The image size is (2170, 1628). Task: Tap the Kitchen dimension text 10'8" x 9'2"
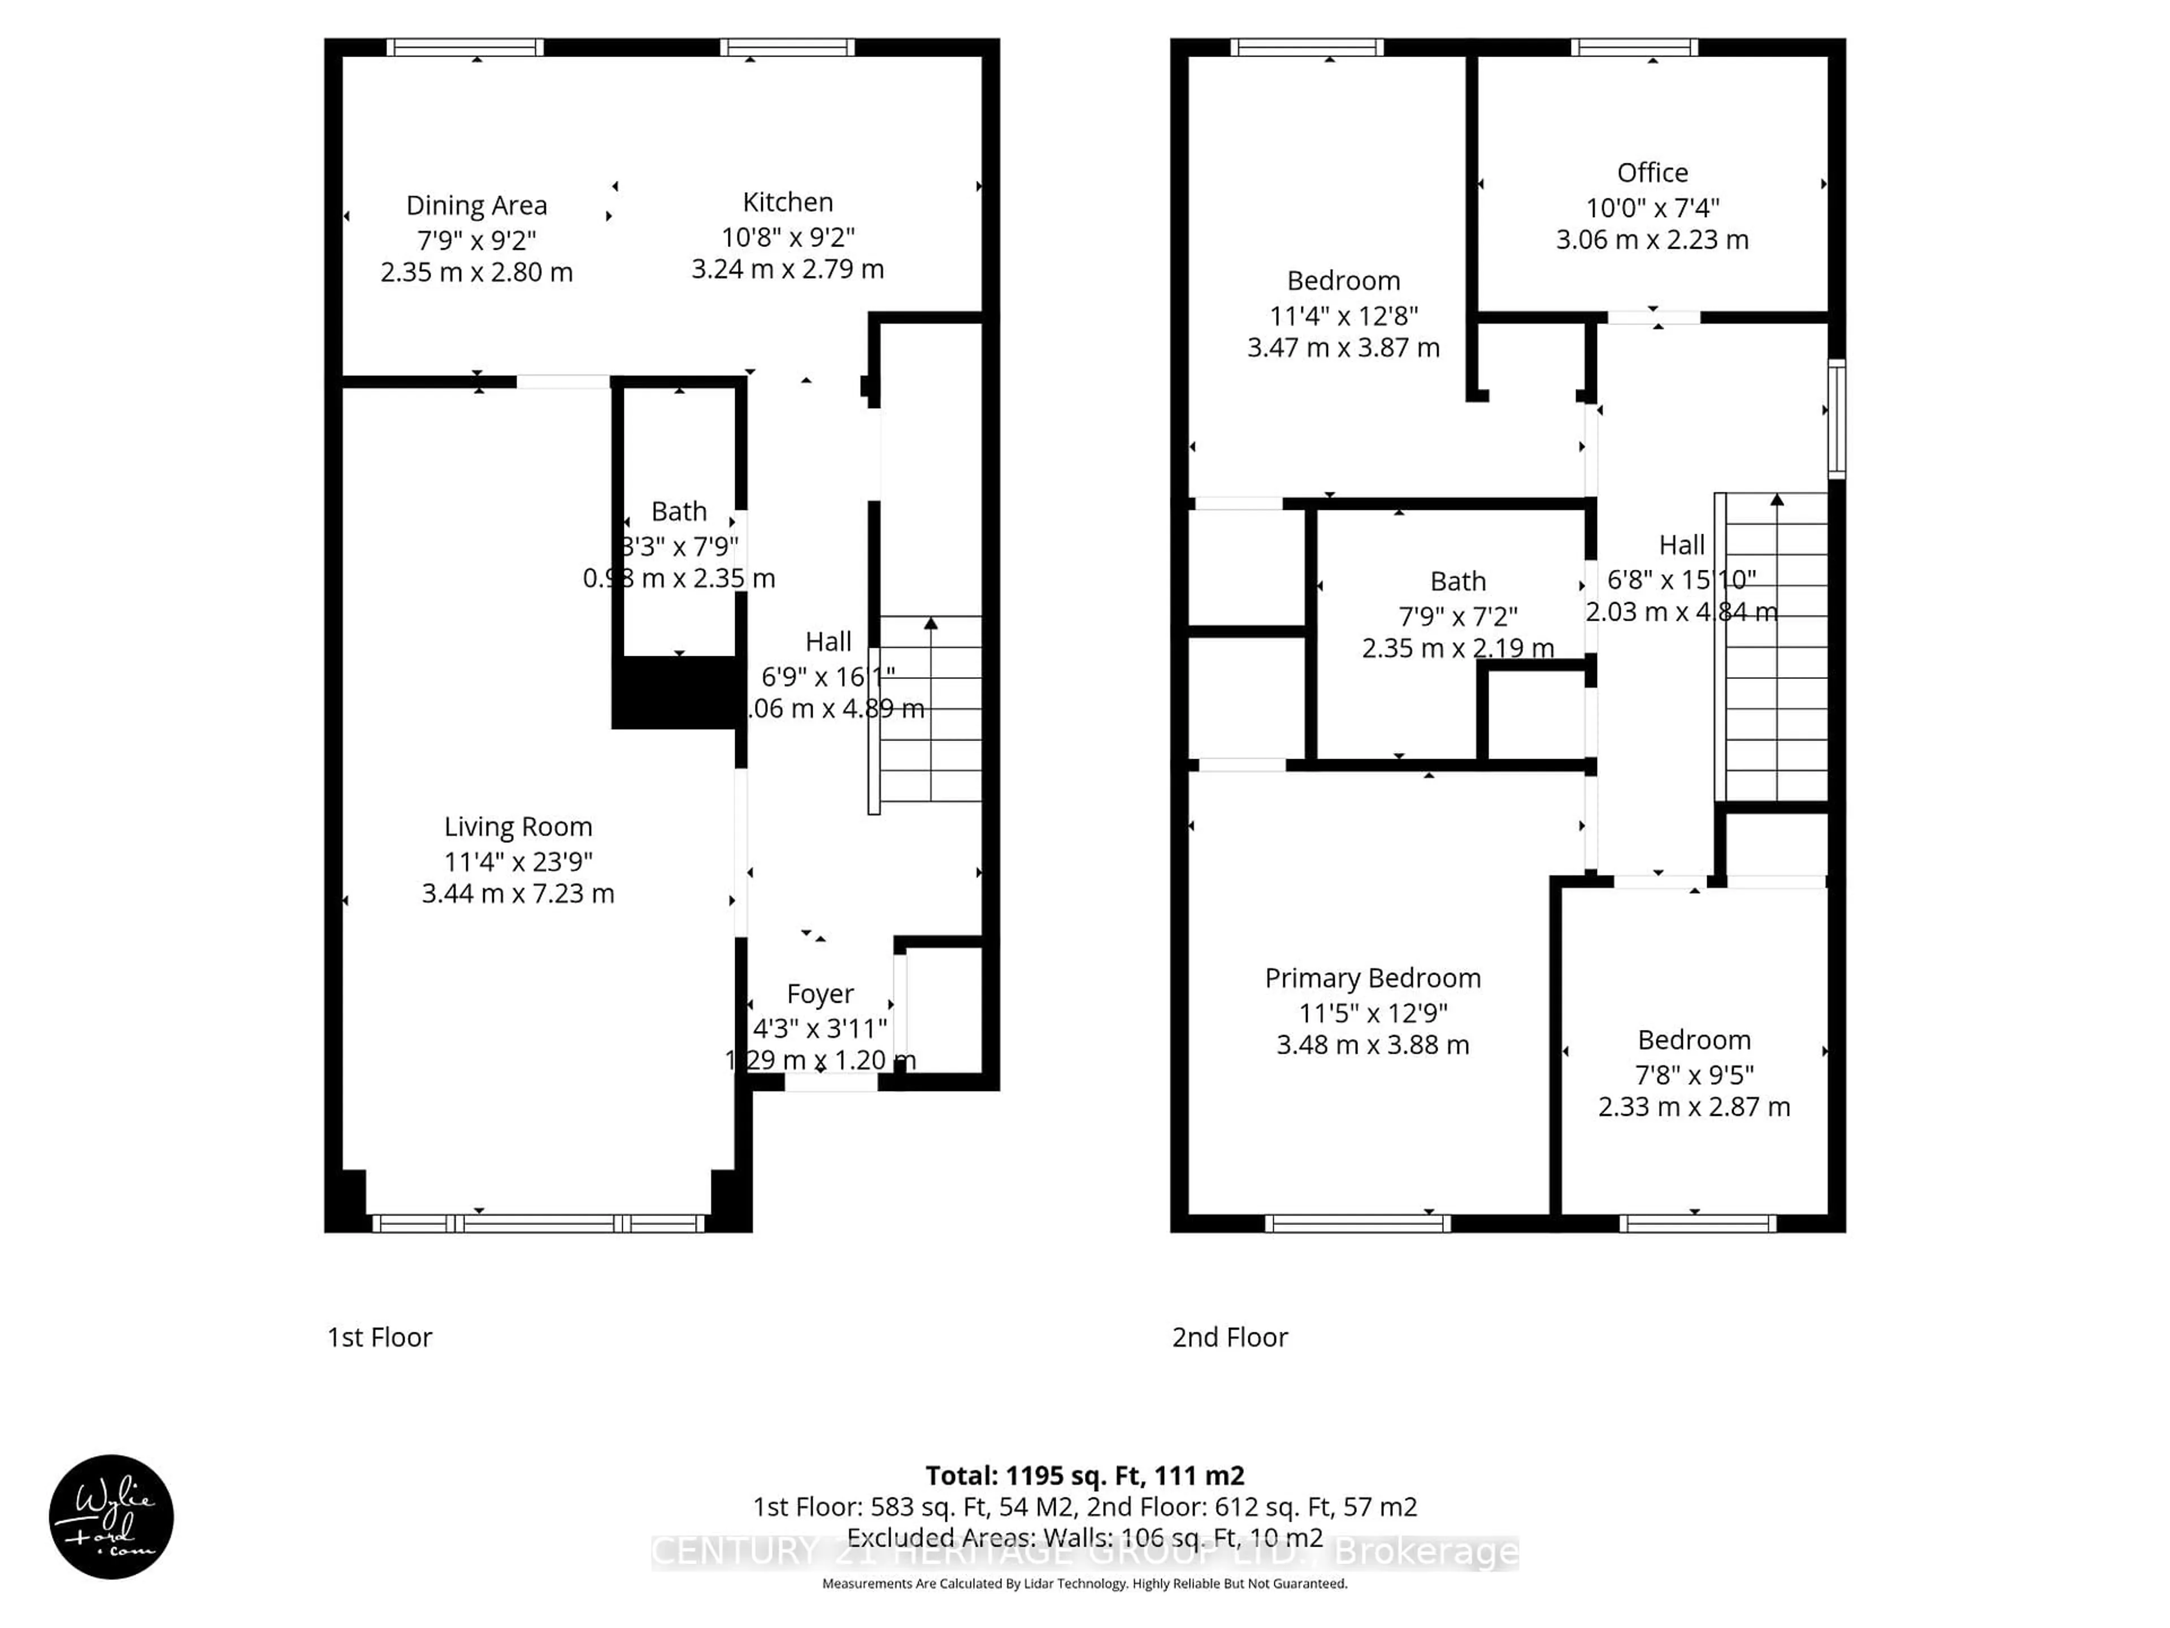point(788,237)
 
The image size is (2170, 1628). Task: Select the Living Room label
point(518,827)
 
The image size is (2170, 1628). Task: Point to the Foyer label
point(820,994)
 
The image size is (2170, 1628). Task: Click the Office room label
point(1652,173)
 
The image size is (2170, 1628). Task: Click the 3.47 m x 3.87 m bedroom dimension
point(1343,348)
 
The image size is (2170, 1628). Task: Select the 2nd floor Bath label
point(1458,582)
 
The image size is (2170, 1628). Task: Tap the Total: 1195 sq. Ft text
point(1084,1476)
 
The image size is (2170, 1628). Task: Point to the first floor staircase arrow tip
point(930,622)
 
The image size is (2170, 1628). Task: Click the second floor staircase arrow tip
point(1777,499)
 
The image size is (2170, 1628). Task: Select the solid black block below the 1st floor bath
point(676,693)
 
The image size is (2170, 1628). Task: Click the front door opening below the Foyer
point(831,1083)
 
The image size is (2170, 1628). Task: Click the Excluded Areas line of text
point(1084,1538)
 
